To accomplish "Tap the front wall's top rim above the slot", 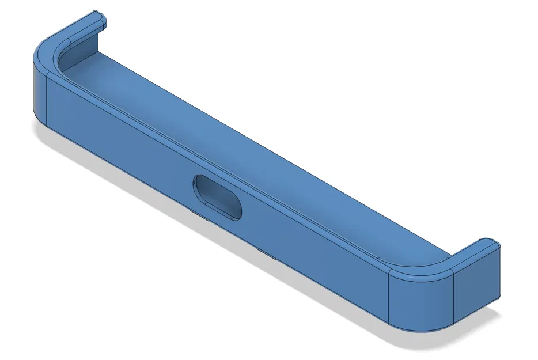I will click(x=230, y=168).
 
